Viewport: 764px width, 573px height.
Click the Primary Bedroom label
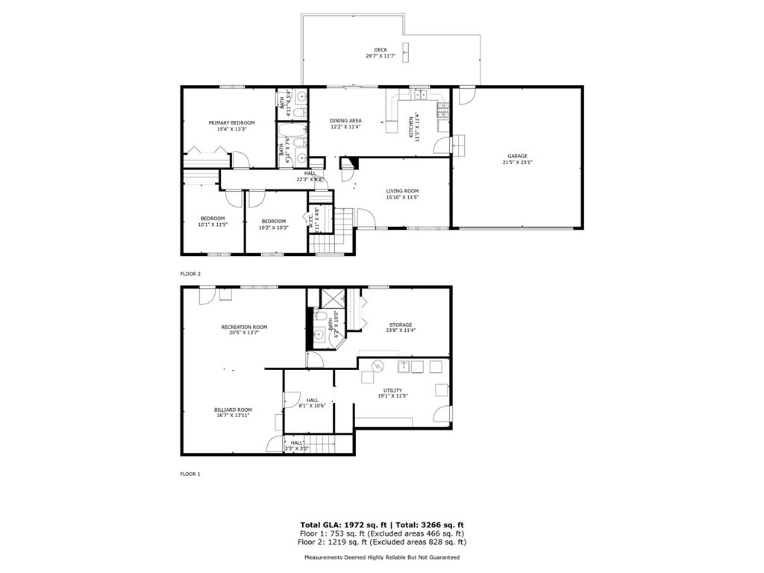click(231, 123)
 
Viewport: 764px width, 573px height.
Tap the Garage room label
click(518, 156)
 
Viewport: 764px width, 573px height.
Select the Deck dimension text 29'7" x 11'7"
click(381, 57)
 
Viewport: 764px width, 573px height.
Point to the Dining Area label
click(345, 121)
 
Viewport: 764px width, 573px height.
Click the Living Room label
click(402, 191)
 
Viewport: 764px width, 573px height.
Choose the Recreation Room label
click(244, 327)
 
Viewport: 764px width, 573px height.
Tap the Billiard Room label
click(233, 410)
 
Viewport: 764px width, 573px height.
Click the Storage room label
click(400, 325)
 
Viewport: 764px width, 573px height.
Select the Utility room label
click(392, 390)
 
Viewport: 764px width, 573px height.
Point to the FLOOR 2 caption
click(190, 274)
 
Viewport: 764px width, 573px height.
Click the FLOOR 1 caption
click(190, 474)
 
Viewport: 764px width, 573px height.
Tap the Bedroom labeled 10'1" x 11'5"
click(212, 219)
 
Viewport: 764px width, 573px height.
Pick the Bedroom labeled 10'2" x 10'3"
click(274, 221)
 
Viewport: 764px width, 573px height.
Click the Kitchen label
click(411, 128)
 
